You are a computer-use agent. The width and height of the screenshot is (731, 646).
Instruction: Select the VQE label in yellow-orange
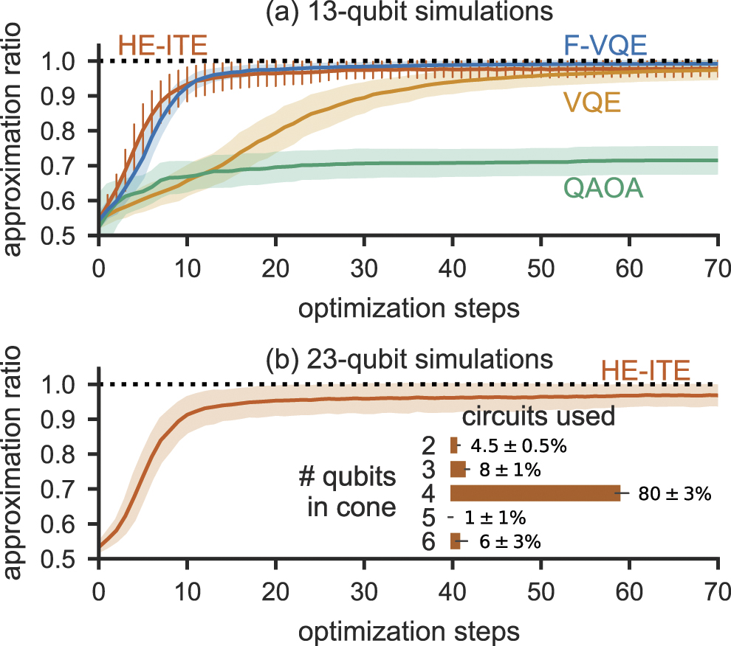591,104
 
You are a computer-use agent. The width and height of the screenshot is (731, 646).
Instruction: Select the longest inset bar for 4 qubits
535,493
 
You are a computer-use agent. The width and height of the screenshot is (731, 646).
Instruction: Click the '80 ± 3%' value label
674,494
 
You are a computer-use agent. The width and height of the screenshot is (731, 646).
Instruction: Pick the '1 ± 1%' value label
500,518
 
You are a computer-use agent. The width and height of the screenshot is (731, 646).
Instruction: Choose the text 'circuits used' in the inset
538,417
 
